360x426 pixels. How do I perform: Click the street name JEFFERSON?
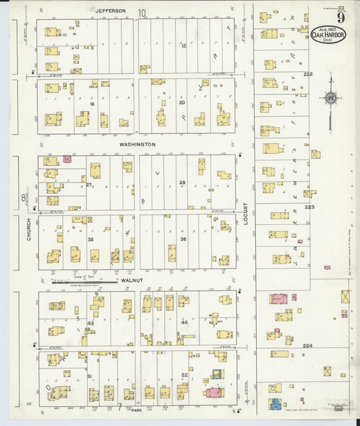click(110, 11)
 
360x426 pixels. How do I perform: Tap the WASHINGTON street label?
click(137, 144)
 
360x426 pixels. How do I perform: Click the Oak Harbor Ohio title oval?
click(328, 34)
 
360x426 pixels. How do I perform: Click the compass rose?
click(330, 99)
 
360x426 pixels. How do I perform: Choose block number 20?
click(181, 103)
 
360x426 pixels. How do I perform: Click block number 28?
click(182, 183)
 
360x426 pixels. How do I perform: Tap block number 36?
click(183, 239)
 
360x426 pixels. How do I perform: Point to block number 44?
click(184, 323)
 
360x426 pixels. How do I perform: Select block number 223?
click(309, 207)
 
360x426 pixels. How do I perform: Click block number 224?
click(308, 346)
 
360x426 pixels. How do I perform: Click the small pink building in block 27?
click(68, 159)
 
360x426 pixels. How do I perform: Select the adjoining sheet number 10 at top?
click(142, 12)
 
